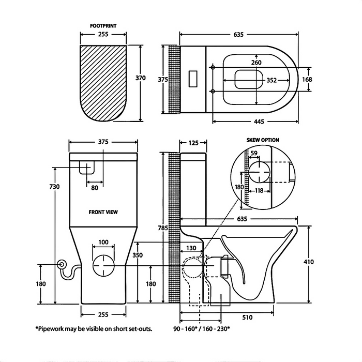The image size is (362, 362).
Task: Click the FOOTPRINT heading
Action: [x=103, y=24]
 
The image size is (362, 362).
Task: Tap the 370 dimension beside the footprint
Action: [x=141, y=78]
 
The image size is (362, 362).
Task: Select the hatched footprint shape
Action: [x=104, y=83]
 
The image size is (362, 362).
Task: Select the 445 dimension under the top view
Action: [x=259, y=122]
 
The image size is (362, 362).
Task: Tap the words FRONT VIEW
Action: [x=104, y=212]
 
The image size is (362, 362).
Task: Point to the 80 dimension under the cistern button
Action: [x=94, y=187]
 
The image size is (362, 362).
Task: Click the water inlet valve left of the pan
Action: [x=63, y=264]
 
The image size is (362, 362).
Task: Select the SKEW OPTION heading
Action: [x=263, y=140]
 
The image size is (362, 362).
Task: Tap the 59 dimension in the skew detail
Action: [x=254, y=153]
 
